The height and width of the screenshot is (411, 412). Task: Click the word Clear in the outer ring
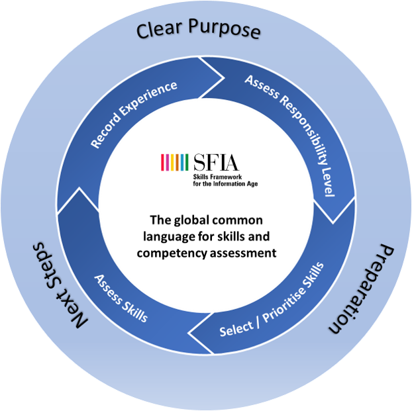pyautogui.click(x=158, y=30)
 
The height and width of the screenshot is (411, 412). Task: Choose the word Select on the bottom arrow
pyautogui.click(x=237, y=324)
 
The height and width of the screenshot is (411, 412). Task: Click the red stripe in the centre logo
pyautogui.click(x=163, y=162)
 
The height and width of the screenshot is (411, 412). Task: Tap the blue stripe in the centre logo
pyautogui.click(x=181, y=162)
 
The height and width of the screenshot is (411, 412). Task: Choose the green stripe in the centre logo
pyautogui.click(x=187, y=162)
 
